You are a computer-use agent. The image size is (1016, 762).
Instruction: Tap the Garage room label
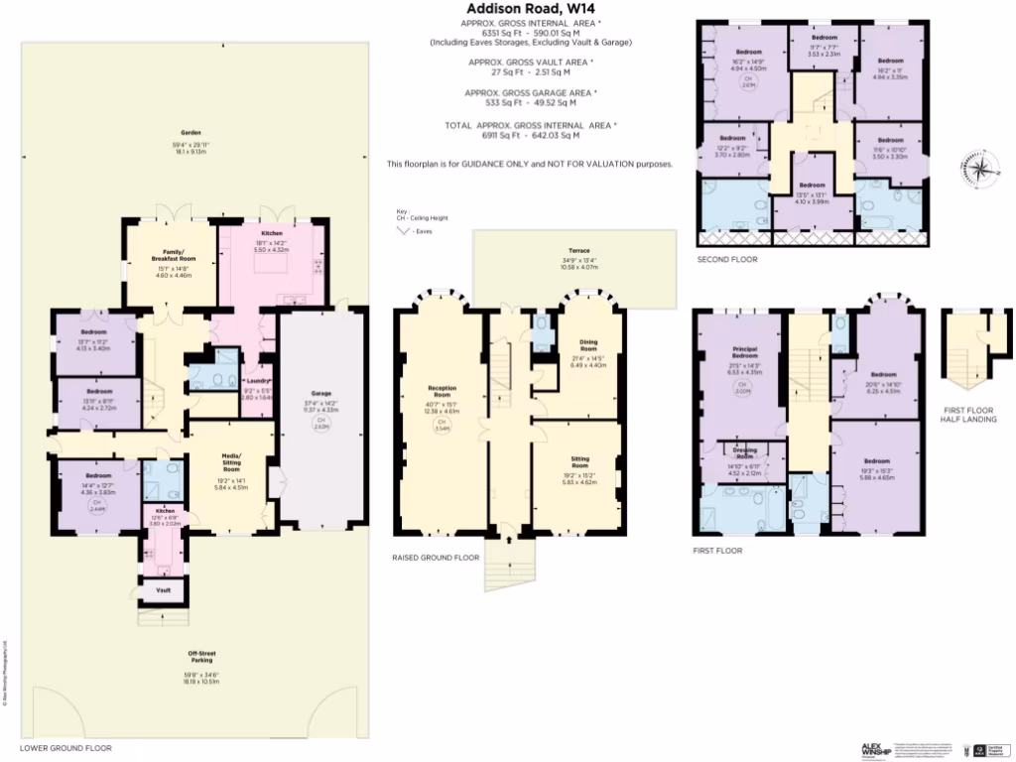[320, 394]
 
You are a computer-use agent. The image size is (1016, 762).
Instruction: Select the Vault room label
[164, 590]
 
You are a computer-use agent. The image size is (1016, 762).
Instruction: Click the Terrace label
[578, 251]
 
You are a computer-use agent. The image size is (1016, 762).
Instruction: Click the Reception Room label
[442, 388]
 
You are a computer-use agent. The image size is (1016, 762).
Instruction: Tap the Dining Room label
[588, 346]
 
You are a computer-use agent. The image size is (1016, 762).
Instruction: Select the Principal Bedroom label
[744, 354]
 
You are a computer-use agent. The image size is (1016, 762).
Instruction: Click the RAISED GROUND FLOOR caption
[436, 558]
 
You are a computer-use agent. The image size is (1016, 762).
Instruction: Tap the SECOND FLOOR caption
[727, 259]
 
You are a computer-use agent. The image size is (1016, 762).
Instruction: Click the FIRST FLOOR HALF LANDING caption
[967, 414]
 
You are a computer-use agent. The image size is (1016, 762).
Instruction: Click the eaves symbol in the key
[404, 230]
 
